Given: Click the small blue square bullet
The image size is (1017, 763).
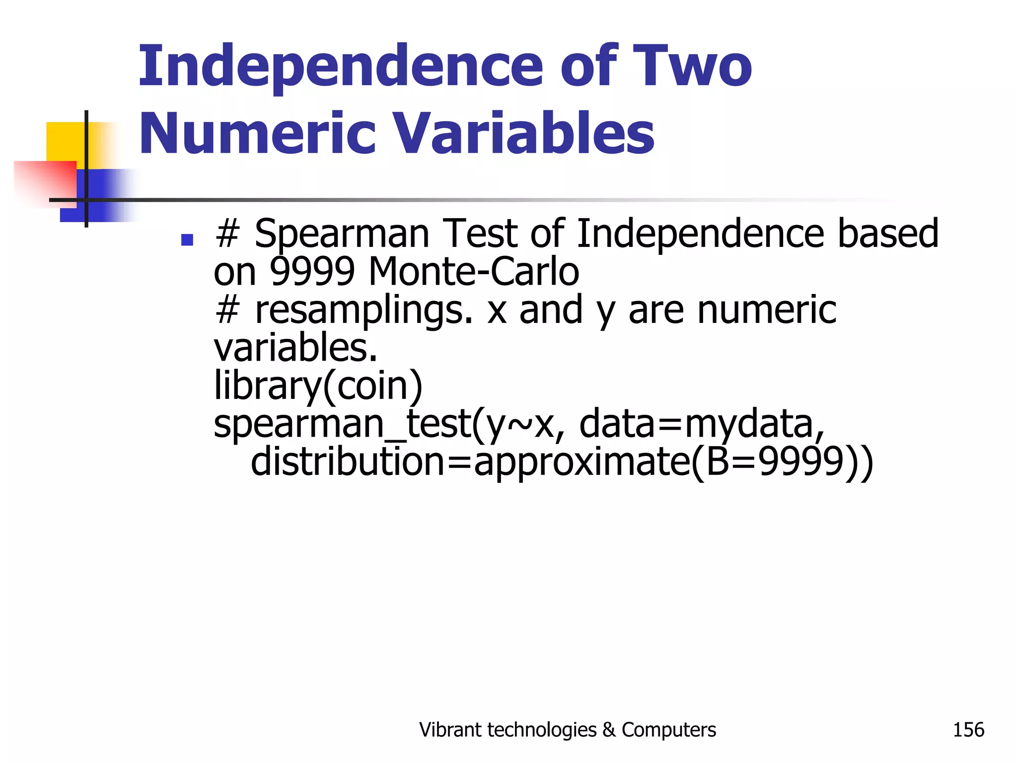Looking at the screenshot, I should [x=187, y=240].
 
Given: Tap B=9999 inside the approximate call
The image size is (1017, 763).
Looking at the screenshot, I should [x=775, y=461].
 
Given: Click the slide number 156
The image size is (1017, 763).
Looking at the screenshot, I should [x=968, y=730].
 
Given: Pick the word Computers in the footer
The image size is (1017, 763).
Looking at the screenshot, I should [x=668, y=730].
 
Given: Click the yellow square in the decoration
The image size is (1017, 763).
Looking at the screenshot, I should [x=65, y=142].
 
